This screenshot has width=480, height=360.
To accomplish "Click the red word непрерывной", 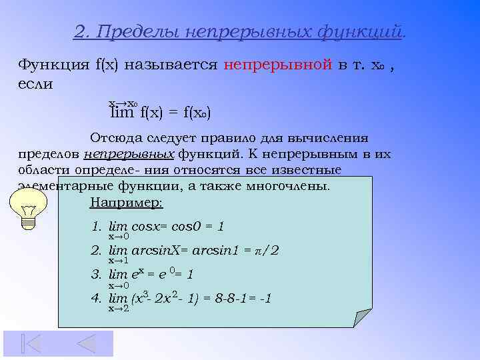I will pos(278,65).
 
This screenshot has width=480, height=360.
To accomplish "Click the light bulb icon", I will pos(28,208).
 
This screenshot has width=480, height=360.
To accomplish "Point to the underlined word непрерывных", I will pos(129,154).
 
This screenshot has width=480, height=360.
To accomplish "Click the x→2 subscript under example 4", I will pos(118,309).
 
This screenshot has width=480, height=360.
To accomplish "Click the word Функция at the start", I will pos(53,65).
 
